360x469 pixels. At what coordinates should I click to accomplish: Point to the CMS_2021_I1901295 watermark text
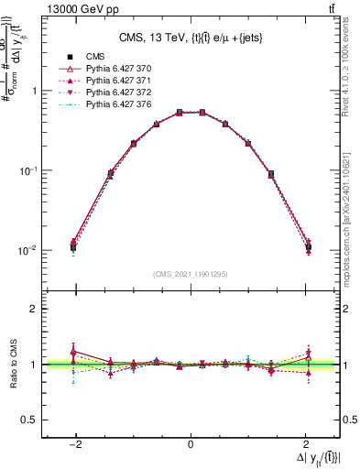[x=191, y=274]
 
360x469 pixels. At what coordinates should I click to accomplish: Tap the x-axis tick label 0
[x=191, y=445]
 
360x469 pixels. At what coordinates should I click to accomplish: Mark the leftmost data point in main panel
[x=72, y=246]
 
